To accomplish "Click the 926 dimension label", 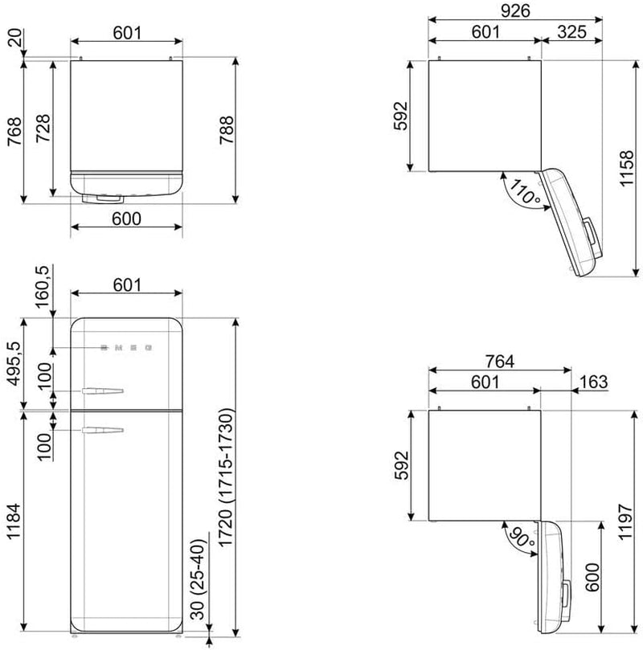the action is tap(515, 10).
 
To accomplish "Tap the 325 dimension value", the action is tap(571, 32).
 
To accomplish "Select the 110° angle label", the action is tap(524, 191).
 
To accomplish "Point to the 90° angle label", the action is tap(521, 538).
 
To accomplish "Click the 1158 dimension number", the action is tap(626, 168).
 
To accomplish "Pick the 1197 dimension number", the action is tap(625, 522).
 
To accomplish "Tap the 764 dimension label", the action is tap(500, 362).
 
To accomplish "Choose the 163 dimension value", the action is tap(594, 382).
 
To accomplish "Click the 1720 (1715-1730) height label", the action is tap(227, 478).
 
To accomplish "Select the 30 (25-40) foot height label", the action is tap(199, 579).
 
